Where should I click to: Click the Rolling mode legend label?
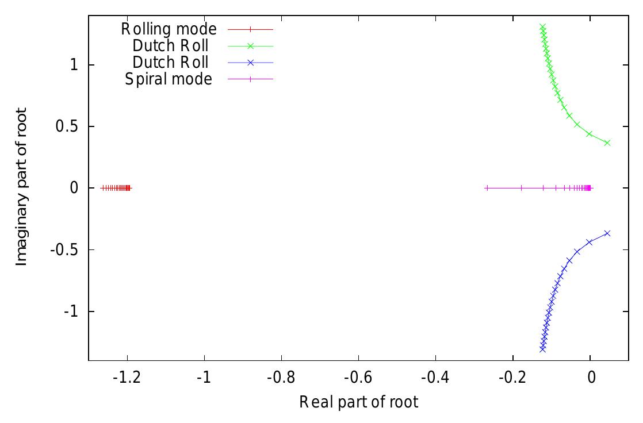169,28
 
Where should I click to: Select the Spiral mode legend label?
169,79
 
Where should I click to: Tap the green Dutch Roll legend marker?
250,45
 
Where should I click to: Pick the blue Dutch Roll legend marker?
250,62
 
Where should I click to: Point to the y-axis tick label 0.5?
69,126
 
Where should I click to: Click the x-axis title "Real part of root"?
358,402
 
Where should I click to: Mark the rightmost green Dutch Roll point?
607,143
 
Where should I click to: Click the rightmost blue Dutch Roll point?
607,233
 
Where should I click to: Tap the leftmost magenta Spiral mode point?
487,188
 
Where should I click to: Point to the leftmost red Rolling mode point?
102,188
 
